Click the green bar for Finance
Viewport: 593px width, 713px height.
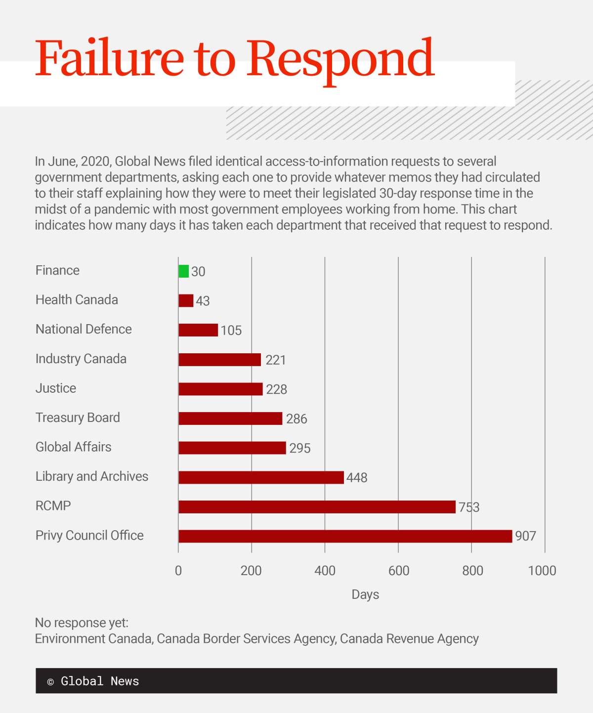point(184,271)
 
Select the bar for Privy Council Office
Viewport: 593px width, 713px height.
point(345,536)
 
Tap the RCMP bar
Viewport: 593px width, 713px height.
point(317,507)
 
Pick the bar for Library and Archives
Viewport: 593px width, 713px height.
point(261,477)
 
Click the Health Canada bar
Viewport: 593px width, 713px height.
point(186,300)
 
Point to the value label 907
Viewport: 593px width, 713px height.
point(525,536)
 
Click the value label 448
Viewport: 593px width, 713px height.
point(357,478)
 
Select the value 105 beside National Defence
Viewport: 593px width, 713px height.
point(231,331)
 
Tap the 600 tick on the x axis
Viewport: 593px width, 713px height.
point(399,571)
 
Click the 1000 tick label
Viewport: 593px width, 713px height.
point(542,571)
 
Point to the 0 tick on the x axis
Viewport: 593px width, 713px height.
point(178,571)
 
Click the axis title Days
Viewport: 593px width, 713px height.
point(365,594)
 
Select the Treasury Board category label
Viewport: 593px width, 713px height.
point(78,418)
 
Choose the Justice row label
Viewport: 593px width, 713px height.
point(56,388)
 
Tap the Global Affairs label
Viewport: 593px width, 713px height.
point(74,447)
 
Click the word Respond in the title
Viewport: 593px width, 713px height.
point(340,59)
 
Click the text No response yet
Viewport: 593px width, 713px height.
point(82,623)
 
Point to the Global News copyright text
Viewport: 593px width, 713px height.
point(93,681)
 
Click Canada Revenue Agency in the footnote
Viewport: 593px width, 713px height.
point(409,639)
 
